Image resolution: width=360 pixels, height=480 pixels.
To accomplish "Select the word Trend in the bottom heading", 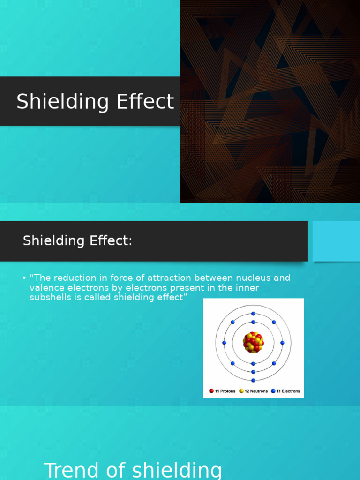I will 72,471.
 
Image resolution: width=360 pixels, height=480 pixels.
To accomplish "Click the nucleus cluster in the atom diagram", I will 253,343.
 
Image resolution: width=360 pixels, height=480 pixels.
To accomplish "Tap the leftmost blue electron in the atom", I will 224,343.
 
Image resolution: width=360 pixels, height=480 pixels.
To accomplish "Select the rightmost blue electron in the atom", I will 282,343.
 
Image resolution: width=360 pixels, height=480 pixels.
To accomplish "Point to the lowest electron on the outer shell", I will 253,380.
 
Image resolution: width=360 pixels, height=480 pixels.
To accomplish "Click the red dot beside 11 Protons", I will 211,391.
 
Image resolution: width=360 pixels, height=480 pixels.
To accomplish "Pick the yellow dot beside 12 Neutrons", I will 241,391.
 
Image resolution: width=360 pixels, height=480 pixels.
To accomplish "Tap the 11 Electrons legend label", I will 288,391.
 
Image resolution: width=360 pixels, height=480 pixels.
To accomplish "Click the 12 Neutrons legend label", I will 256,391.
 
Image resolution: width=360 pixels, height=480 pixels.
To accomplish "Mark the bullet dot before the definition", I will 24,278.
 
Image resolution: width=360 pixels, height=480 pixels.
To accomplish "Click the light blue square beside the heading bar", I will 336,241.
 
